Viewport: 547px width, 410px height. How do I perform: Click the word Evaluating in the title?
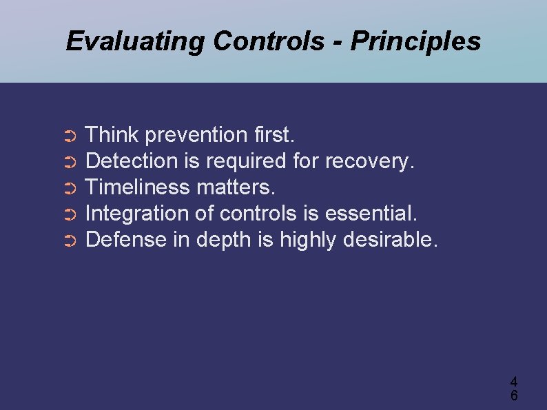[x=136, y=42]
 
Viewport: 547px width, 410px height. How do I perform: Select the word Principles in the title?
[x=415, y=42]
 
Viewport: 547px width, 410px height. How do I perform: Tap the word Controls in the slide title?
[x=268, y=42]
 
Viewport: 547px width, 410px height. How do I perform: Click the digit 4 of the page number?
[x=514, y=381]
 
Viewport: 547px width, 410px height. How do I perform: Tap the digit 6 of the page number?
[x=514, y=396]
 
